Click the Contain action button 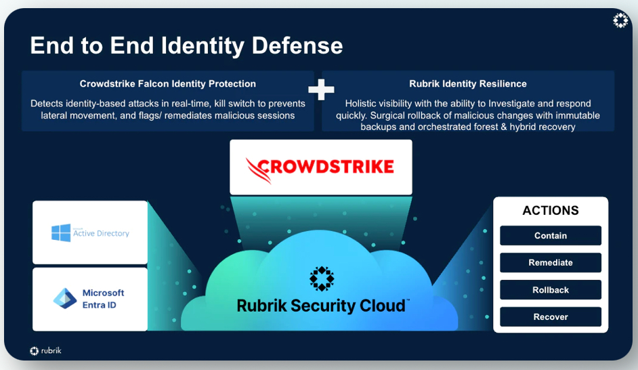(x=551, y=236)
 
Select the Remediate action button (x=551, y=263)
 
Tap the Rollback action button (x=551, y=290)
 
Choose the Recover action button (x=551, y=317)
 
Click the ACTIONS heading (x=551, y=211)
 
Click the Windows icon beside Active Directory (x=61, y=233)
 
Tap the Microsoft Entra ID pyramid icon (x=66, y=299)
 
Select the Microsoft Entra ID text (x=104, y=299)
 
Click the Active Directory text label (x=101, y=233)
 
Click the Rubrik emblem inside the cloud (x=322, y=279)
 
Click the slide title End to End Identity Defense (x=186, y=45)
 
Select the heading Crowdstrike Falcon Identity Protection (x=168, y=84)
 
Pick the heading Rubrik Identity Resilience (x=468, y=84)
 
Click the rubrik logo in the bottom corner (x=46, y=350)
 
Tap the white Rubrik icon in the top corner (x=620, y=21)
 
